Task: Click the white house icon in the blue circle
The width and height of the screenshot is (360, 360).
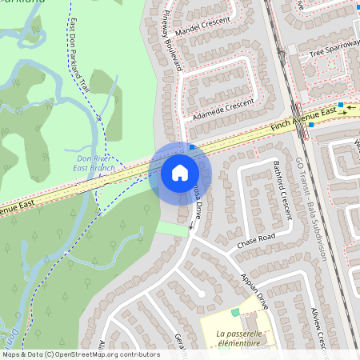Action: pos(180,173)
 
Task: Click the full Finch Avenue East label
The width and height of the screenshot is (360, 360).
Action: pos(305,119)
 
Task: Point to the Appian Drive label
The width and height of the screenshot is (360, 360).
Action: pos(254,290)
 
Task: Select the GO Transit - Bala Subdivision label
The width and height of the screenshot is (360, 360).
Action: pos(312,210)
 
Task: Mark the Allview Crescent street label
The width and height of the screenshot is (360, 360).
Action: pos(317,329)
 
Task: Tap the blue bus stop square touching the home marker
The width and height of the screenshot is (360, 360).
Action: pos(192,147)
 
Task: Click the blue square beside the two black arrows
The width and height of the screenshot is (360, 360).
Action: pos(341,105)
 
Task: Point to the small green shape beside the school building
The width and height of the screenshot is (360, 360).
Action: pos(236,312)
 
